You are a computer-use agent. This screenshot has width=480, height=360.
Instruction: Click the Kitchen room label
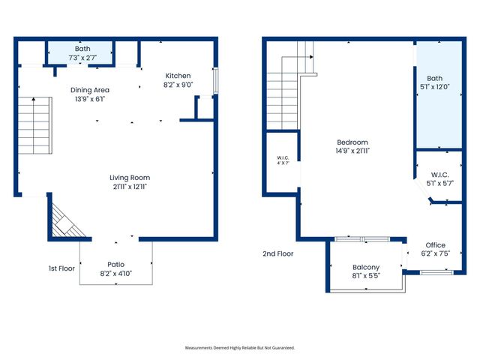[x=178, y=76]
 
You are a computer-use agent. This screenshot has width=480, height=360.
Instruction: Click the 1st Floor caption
[x=62, y=268]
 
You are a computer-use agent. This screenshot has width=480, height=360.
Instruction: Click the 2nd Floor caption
[x=278, y=253]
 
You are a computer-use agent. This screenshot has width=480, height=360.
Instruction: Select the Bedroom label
[x=352, y=142]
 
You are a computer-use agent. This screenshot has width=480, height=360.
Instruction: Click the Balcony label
[x=366, y=268]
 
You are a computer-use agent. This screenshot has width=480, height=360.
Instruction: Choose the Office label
[x=435, y=245]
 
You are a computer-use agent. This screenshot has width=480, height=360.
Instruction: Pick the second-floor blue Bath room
[x=439, y=94]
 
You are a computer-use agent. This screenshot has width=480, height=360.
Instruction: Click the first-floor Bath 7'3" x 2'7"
[x=81, y=53]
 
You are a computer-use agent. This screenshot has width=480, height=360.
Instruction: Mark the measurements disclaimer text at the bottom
[x=240, y=348]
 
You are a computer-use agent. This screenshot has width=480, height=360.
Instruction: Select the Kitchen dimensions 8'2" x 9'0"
[x=178, y=85]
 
